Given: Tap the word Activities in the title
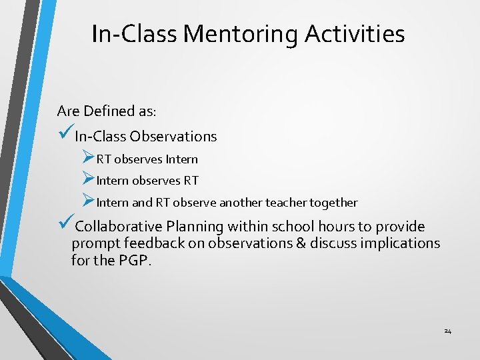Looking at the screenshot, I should pyautogui.click(x=355, y=33).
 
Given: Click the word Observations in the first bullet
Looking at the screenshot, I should pyautogui.click(x=173, y=137).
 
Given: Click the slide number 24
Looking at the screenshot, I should pyautogui.click(x=447, y=331).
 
